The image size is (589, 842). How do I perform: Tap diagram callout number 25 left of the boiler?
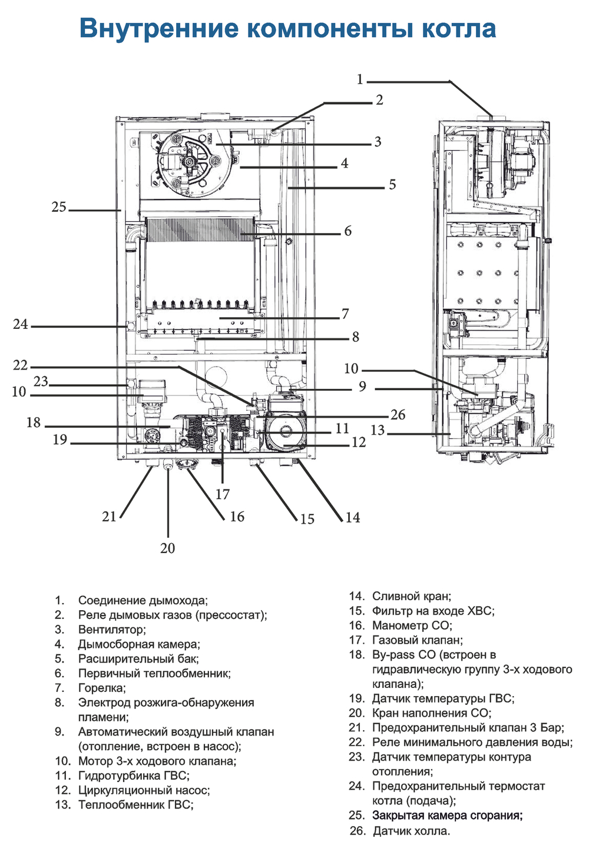59,207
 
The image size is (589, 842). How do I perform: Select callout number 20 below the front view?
168,548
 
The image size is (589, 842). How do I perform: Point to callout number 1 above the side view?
360,79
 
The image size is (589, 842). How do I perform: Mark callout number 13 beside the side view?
378,430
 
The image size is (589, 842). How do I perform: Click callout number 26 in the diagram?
398,415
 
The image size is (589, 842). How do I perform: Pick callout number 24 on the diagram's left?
21,324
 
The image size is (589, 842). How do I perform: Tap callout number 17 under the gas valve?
223,494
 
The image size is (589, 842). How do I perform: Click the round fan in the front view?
188,162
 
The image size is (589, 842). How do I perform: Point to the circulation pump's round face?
286,432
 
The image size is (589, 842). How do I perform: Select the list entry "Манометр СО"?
412,625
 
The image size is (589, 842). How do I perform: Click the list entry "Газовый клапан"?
417,640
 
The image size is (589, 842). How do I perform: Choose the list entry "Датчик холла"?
411,831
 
